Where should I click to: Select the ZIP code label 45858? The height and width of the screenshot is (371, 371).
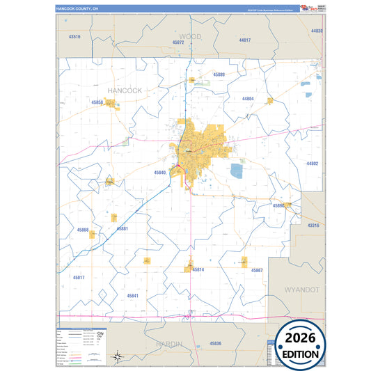coord(97,102)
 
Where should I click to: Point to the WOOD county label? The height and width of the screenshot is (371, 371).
coord(190,35)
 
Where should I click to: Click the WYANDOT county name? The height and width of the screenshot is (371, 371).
coord(301,288)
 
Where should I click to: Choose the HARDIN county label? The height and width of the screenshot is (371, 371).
coord(168,344)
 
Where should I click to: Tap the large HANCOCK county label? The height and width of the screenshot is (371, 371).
coord(125,90)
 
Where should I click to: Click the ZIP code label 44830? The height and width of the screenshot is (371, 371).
coord(317,31)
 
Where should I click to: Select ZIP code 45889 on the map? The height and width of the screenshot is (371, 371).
coord(219,74)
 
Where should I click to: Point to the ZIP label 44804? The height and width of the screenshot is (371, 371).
coord(248,99)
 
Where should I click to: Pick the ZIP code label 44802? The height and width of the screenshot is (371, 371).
coord(312,164)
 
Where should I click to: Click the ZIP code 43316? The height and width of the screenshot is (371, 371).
coord(313,226)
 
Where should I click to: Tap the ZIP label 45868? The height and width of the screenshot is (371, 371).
coord(83,230)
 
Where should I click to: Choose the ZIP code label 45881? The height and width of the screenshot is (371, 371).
coord(122,228)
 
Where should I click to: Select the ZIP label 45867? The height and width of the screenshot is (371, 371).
coord(256,270)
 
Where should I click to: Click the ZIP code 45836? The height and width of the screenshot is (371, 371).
coord(215,343)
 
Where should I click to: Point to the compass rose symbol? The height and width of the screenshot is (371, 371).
coord(120,356)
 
